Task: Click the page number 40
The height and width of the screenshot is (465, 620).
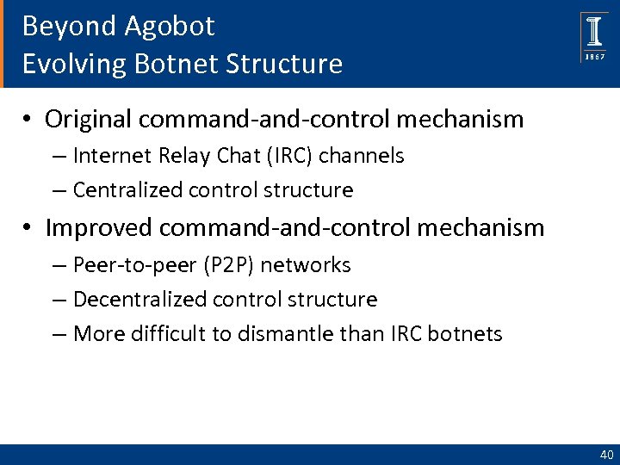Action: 606,455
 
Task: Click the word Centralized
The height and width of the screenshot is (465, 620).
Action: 122,189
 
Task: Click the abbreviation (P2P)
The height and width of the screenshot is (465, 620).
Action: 222,265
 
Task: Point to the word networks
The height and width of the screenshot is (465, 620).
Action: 305,265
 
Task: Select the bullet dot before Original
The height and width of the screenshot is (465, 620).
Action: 28,120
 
